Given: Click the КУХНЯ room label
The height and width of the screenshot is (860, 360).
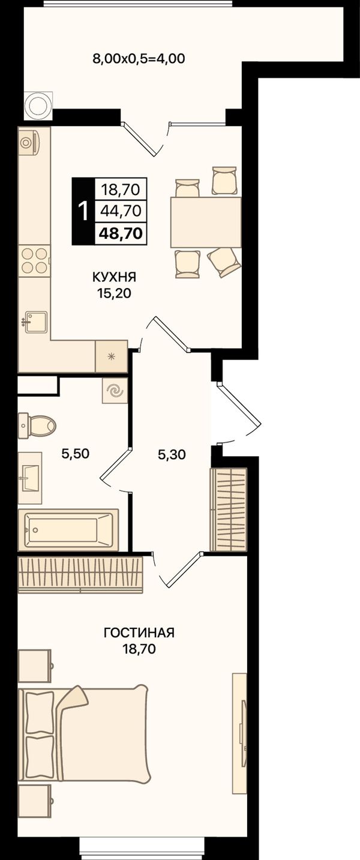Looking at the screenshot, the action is (x=114, y=277).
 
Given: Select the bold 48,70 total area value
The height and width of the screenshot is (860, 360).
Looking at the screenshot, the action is (x=121, y=233).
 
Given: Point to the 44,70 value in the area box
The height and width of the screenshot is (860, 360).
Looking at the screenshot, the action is (x=121, y=211).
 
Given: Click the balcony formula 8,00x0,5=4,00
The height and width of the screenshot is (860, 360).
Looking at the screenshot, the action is (x=139, y=58).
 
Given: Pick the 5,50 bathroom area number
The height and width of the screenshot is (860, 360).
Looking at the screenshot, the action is (x=75, y=454).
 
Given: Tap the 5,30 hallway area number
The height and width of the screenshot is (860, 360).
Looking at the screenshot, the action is (x=172, y=454).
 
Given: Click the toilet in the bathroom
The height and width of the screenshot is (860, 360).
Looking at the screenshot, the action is (x=37, y=425).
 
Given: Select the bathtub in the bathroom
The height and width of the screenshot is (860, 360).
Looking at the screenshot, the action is (x=68, y=530).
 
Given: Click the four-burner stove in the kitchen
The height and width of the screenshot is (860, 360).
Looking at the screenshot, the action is (x=35, y=260).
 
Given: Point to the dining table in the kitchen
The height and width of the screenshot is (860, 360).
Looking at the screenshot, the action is (x=206, y=222).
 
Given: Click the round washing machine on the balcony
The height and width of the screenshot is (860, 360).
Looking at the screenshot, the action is (x=38, y=106).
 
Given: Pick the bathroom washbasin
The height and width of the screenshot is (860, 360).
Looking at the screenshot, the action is (x=30, y=478).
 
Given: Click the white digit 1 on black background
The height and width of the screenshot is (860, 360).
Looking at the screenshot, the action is (x=83, y=211).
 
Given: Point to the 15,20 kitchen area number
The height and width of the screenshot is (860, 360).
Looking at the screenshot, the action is (x=113, y=293).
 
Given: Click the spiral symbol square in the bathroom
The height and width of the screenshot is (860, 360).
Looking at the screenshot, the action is (x=115, y=391).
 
